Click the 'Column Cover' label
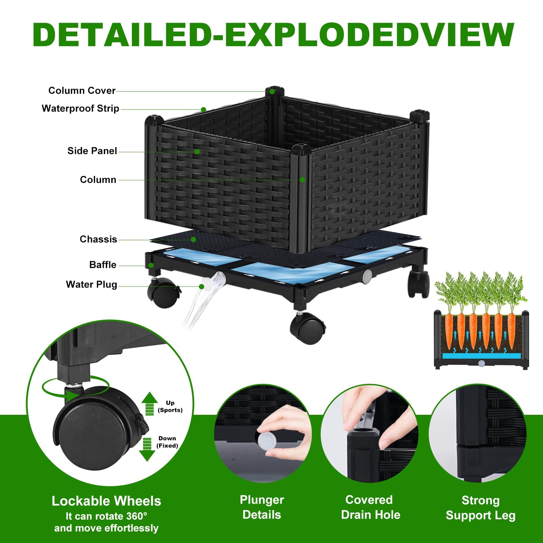point(82,91)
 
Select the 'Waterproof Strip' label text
point(80,109)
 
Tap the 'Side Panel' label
point(92,151)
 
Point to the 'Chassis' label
point(98,239)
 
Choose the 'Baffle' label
point(103,265)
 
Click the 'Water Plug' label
point(92,284)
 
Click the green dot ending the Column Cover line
point(272,92)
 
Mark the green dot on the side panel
point(197,151)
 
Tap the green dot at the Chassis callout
point(193,239)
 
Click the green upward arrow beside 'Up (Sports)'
point(149,404)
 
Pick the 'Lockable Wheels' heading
point(106,501)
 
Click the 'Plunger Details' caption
point(262,507)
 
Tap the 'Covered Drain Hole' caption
point(370,507)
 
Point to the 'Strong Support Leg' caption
point(481,508)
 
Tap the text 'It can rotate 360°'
point(106,516)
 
